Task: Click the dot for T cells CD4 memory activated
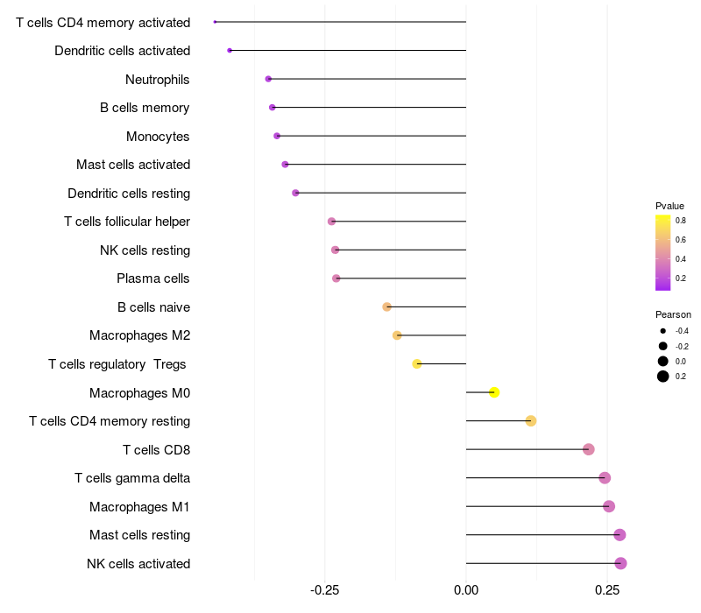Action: [x=215, y=22]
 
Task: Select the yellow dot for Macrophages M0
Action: [x=494, y=392]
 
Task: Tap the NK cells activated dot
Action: [x=620, y=563]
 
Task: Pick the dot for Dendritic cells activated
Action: [x=230, y=51]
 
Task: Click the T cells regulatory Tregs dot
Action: [x=417, y=363]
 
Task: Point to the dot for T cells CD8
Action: [x=589, y=449]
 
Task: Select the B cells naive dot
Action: [x=386, y=307]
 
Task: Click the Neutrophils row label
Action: [x=158, y=80]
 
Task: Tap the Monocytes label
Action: [x=158, y=137]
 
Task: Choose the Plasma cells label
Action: [x=152, y=278]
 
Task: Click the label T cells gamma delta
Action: [x=132, y=478]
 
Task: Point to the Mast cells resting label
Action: [x=140, y=535]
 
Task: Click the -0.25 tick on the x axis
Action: [x=324, y=590]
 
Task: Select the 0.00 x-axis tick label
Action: [x=466, y=590]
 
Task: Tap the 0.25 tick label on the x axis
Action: [x=607, y=590]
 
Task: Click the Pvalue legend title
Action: [x=669, y=206]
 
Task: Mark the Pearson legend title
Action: [x=673, y=314]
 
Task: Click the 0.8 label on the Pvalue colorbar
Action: [x=681, y=221]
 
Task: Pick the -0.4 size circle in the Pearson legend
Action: [x=663, y=331]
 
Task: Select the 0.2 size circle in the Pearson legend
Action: [x=663, y=377]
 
